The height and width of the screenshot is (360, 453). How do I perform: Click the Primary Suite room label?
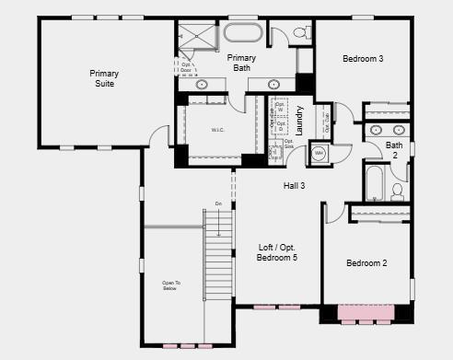click(x=104, y=78)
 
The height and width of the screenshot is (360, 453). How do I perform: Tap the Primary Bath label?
click(x=241, y=63)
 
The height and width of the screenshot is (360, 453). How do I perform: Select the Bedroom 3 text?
click(x=363, y=59)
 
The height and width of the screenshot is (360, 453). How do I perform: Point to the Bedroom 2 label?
click(x=366, y=263)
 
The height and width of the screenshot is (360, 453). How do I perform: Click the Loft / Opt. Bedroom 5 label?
click(x=277, y=251)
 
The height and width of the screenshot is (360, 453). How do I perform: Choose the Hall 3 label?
click(x=295, y=186)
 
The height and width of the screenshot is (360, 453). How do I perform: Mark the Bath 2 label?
click(x=394, y=150)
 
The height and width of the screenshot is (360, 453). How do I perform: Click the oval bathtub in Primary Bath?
click(x=242, y=35)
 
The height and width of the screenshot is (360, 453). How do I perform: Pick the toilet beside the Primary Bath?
click(x=302, y=35)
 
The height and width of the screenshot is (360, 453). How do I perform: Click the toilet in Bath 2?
click(x=398, y=192)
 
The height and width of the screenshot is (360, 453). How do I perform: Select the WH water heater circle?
click(x=319, y=153)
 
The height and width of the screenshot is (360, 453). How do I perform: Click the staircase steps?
click(x=217, y=258)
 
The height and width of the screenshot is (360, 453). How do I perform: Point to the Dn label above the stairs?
click(x=218, y=203)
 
